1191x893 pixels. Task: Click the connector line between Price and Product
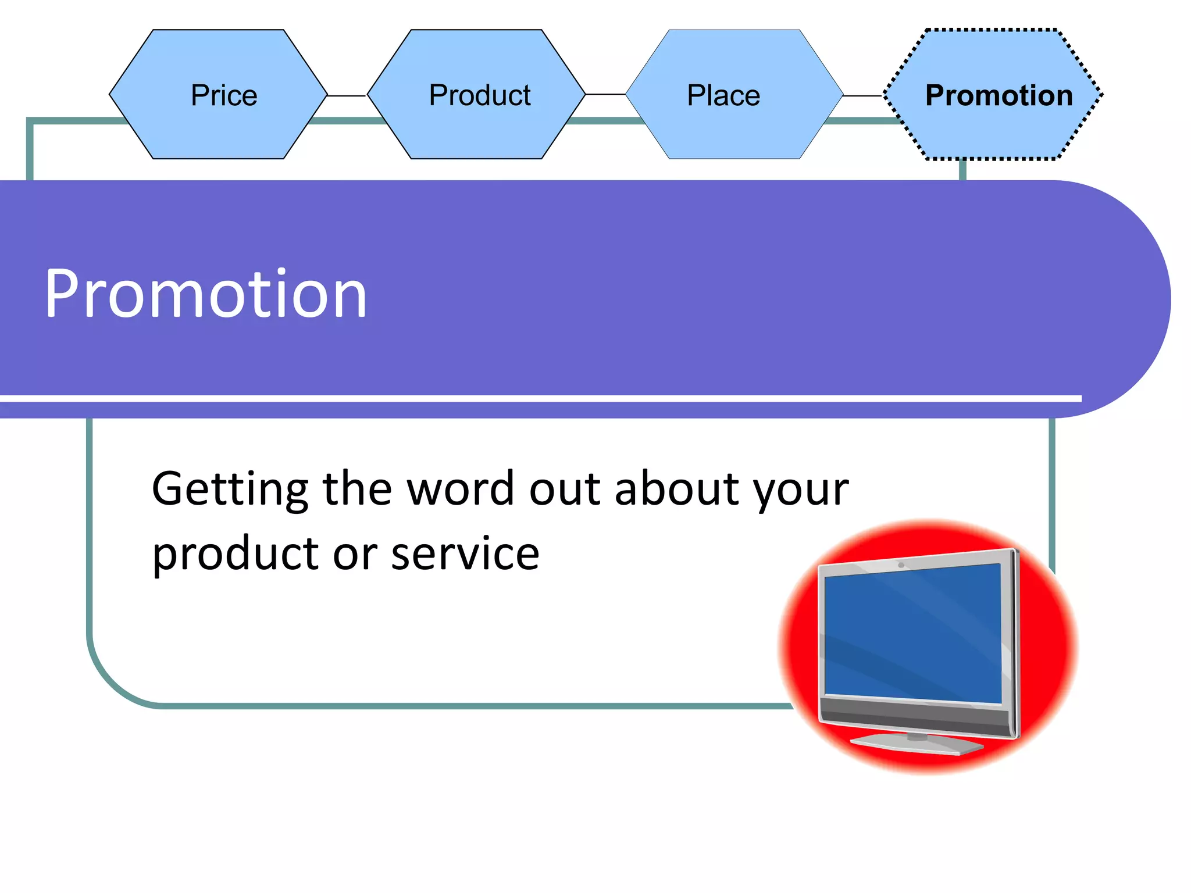(x=347, y=95)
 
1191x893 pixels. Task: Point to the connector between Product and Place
(x=605, y=94)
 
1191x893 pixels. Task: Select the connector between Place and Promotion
(x=863, y=96)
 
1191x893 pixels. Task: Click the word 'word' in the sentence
(x=460, y=488)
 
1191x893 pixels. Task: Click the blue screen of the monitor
(x=913, y=634)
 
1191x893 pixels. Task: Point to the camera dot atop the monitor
(x=901, y=565)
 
